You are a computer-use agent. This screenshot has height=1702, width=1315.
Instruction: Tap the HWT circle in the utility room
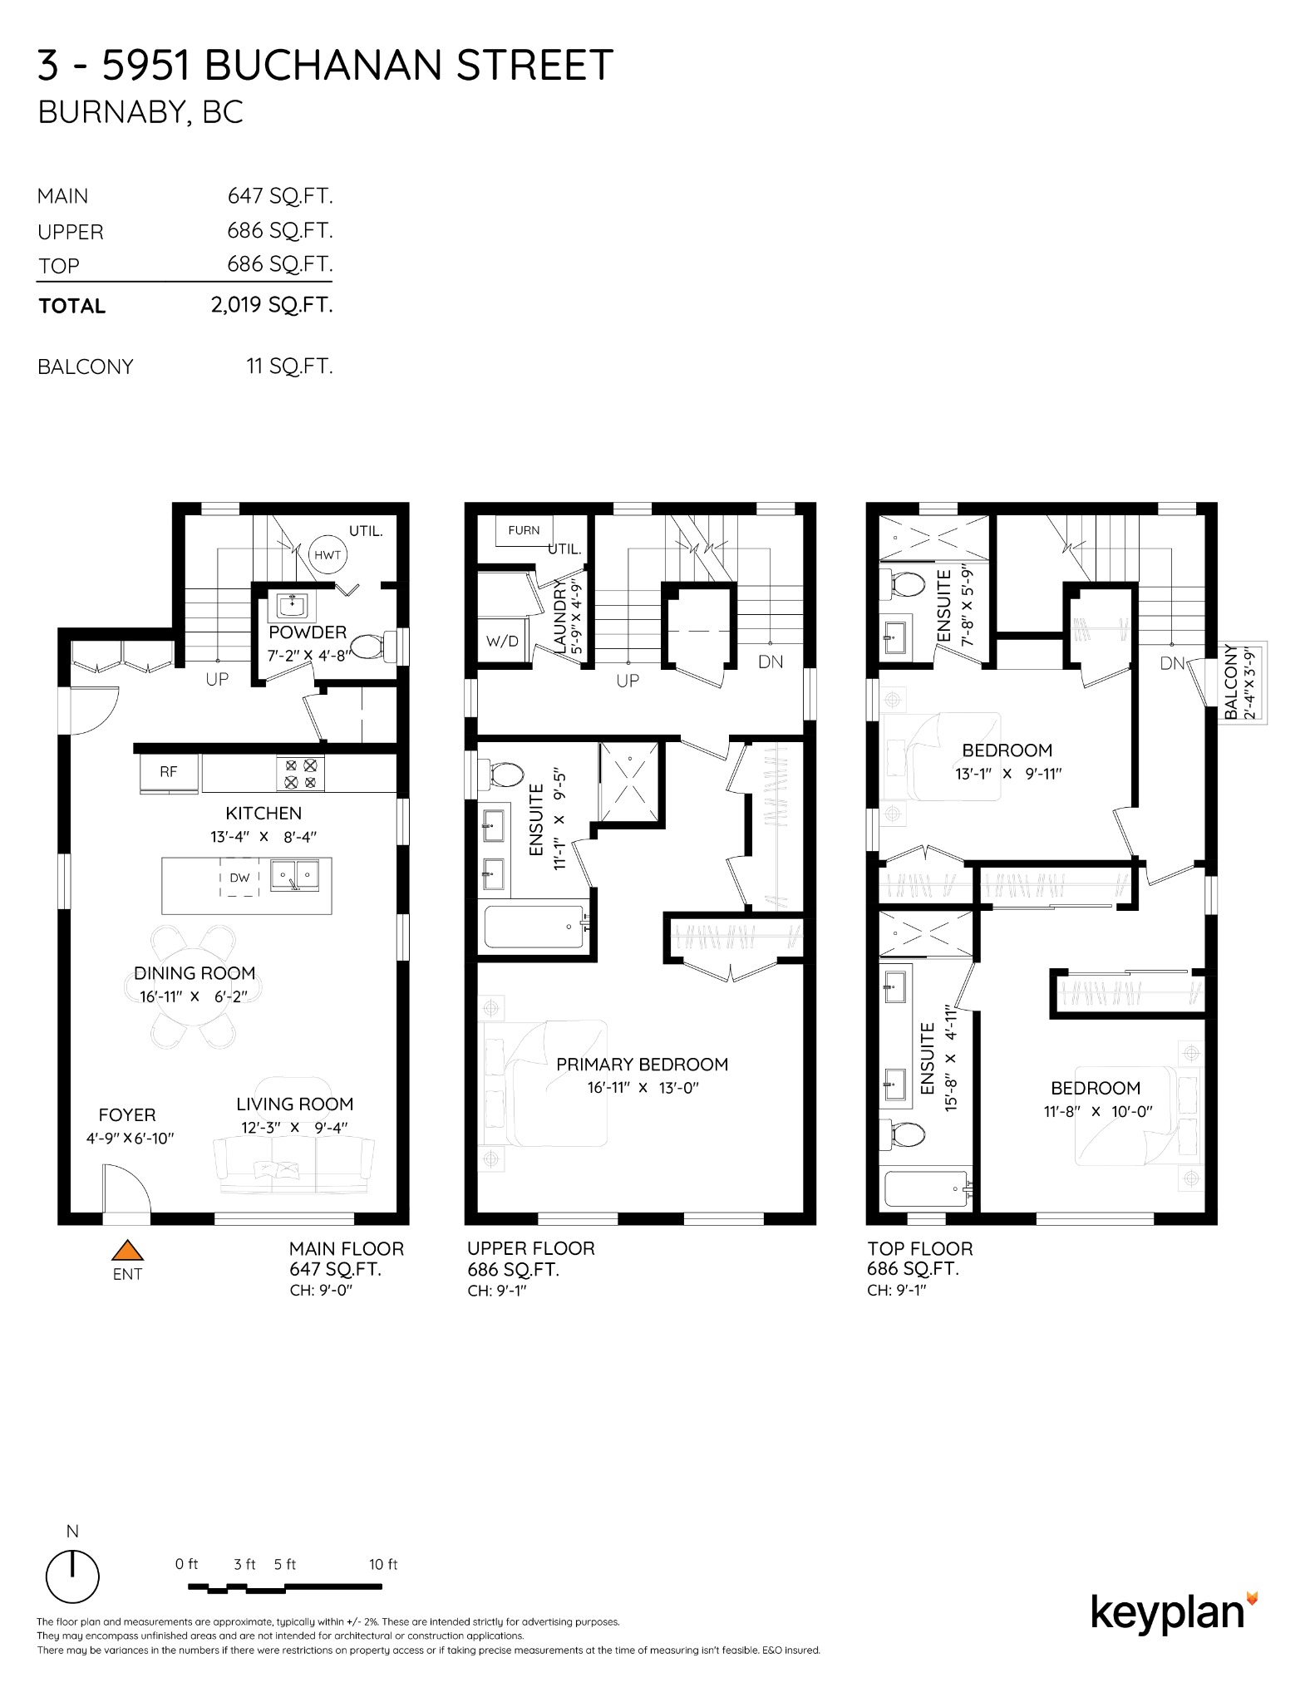coord(328,555)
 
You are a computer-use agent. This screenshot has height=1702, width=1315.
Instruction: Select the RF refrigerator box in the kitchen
coord(169,772)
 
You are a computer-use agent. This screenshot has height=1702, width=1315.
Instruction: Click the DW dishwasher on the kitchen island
coord(239,878)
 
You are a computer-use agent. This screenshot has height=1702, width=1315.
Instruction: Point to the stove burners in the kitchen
coord(301,774)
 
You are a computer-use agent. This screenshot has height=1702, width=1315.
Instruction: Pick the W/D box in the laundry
coord(502,641)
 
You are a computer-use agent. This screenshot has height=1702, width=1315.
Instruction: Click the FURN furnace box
coord(524,530)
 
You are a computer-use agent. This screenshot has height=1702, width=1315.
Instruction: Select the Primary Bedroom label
coord(642,1064)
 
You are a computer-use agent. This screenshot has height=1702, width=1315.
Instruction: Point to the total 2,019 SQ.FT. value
coord(272,305)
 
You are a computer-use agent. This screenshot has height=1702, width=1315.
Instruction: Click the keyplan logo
coord(1174,1613)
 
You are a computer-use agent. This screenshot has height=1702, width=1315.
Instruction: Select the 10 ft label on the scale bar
coord(383,1564)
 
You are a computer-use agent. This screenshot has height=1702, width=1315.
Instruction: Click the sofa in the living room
coord(294,1165)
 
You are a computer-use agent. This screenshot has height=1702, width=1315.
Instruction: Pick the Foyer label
coord(127,1114)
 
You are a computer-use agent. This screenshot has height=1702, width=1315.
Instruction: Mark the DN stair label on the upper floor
coord(771,662)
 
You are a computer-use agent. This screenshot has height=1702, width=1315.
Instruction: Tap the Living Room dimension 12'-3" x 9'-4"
coord(295,1128)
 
